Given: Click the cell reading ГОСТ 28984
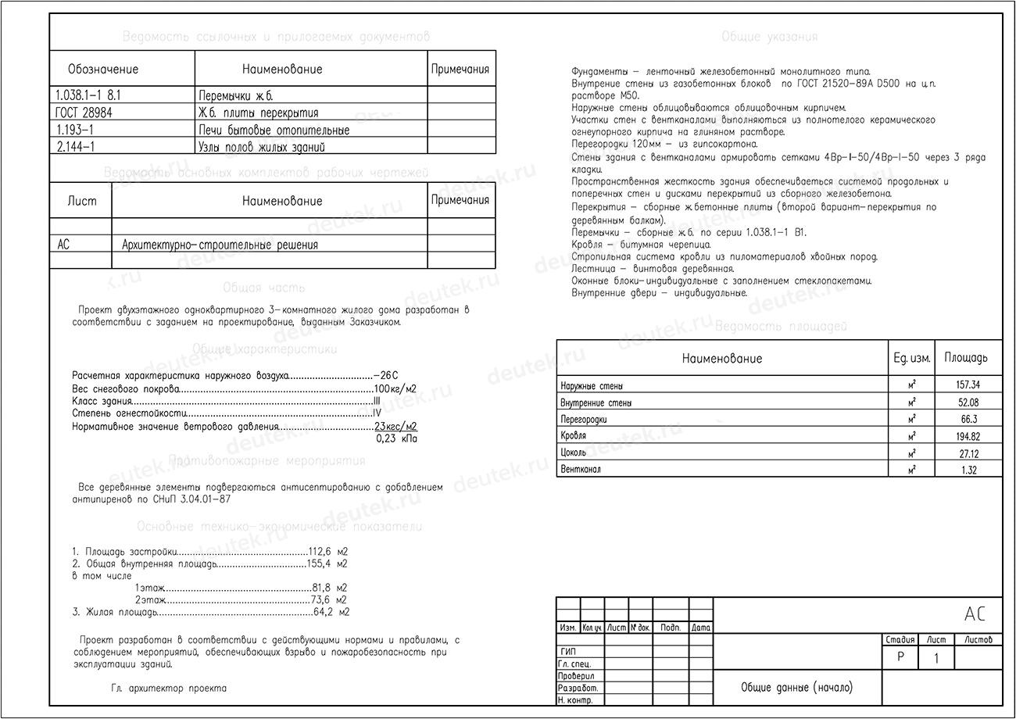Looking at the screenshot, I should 84,113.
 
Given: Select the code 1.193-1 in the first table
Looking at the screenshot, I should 75,130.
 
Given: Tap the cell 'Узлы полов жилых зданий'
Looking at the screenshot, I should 262,147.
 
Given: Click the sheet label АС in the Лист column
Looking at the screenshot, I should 64,245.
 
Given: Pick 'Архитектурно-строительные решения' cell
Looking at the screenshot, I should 220,245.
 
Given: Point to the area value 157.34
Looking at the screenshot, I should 968,385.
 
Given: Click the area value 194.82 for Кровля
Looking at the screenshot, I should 968,436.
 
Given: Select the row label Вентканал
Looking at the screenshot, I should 581,470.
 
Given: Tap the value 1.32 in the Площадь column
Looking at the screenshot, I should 968,470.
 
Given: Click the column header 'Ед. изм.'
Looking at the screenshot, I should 911,359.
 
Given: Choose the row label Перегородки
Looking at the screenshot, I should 584,420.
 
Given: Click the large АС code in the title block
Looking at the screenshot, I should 975,615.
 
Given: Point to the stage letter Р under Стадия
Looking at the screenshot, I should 900,658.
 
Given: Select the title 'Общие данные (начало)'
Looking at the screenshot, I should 797,688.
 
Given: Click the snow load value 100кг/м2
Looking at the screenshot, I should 395,389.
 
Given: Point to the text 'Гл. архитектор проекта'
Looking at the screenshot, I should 169,689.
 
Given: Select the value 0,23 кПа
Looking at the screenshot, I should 396,439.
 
